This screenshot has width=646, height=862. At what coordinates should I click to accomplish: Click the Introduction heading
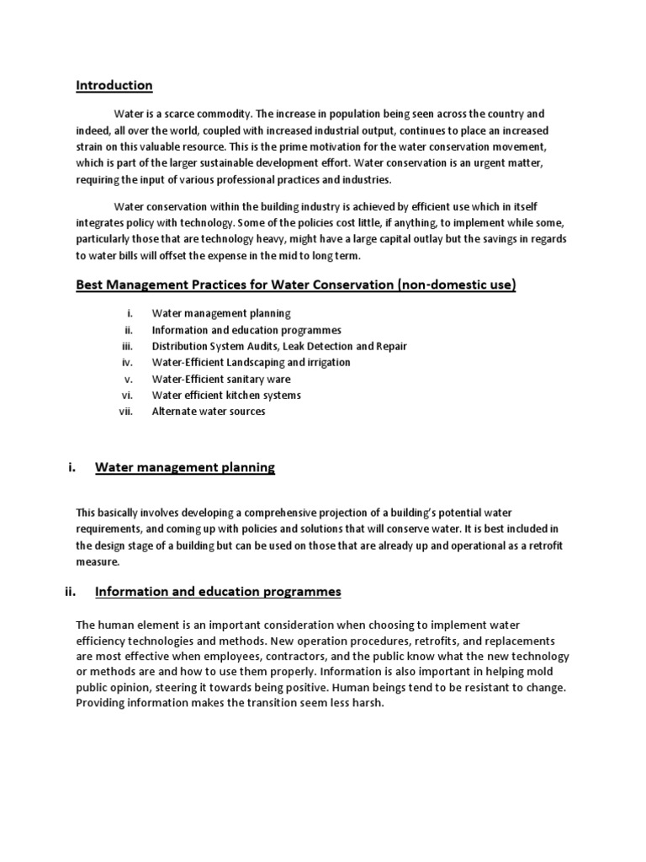(114, 85)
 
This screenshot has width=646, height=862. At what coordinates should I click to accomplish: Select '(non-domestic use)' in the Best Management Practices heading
(455, 285)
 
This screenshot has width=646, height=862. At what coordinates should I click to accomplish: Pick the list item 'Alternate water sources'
(208, 412)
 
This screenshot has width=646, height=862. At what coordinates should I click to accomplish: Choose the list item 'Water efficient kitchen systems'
(225, 395)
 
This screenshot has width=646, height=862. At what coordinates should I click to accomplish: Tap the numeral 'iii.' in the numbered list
(127, 346)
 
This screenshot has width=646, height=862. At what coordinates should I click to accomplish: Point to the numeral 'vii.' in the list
(126, 412)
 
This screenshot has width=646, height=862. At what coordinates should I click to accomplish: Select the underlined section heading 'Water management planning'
(185, 467)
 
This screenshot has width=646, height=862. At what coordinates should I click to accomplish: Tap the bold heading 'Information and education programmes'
(218, 592)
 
